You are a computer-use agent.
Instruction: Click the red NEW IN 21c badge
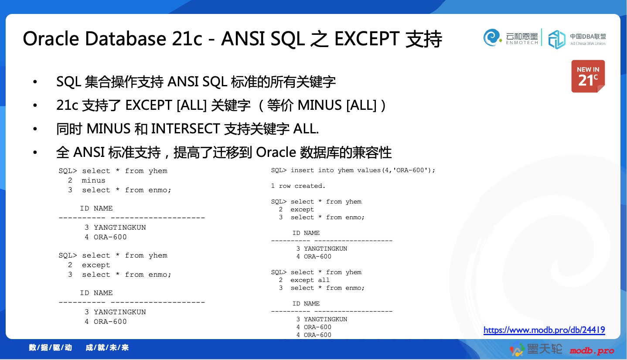tap(588, 76)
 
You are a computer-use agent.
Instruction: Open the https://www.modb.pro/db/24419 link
tap(544, 330)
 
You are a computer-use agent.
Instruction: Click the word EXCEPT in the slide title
tap(367, 38)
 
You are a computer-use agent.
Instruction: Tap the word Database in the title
tap(126, 38)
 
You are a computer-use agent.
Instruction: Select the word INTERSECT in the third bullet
tap(185, 129)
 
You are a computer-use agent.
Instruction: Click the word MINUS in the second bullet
tap(320, 105)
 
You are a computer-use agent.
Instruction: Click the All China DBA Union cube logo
tap(556, 39)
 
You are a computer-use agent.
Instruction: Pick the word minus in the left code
tap(93, 180)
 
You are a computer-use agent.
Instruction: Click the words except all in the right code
tap(310, 280)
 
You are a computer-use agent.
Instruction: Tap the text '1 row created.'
tap(298, 186)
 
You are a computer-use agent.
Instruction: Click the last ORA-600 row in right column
tap(314, 335)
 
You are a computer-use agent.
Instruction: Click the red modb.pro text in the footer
tap(592, 351)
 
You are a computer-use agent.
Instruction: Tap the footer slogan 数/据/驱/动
tap(51, 347)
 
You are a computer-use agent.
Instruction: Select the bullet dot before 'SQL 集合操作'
tap(35, 82)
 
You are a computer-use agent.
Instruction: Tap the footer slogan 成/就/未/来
tap(107, 347)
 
